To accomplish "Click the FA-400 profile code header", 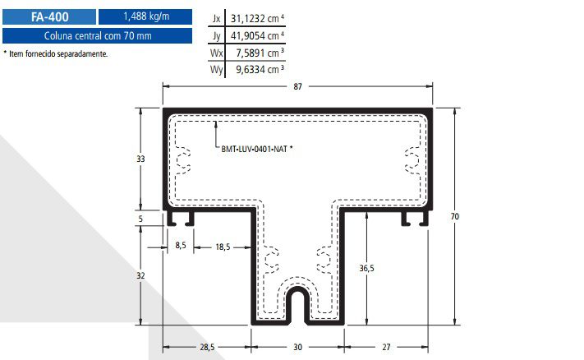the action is coord(49,16).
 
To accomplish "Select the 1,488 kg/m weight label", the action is coord(146,16).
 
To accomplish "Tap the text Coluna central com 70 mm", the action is coord(98,36).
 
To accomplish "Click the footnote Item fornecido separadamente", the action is coord(56,53).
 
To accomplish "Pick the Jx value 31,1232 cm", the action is coord(257,18).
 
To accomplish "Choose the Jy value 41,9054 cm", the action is coord(257,36).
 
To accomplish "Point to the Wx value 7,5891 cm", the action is coord(260,53).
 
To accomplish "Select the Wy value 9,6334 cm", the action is coord(260,69).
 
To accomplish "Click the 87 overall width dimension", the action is coord(297,86).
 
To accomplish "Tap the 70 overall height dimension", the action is coord(455,216).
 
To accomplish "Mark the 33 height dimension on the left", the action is coord(140,159).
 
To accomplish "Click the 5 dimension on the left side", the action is coord(140,219).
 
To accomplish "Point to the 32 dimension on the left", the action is coord(140,275).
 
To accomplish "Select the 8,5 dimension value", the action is coord(181,245).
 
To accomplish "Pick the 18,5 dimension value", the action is coord(223,247).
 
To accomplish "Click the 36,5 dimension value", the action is coord(367,268).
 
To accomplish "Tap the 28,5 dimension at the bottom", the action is coord(207,347).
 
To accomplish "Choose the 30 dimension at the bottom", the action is coord(297,347).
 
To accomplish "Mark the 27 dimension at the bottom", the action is coord(386,347).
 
